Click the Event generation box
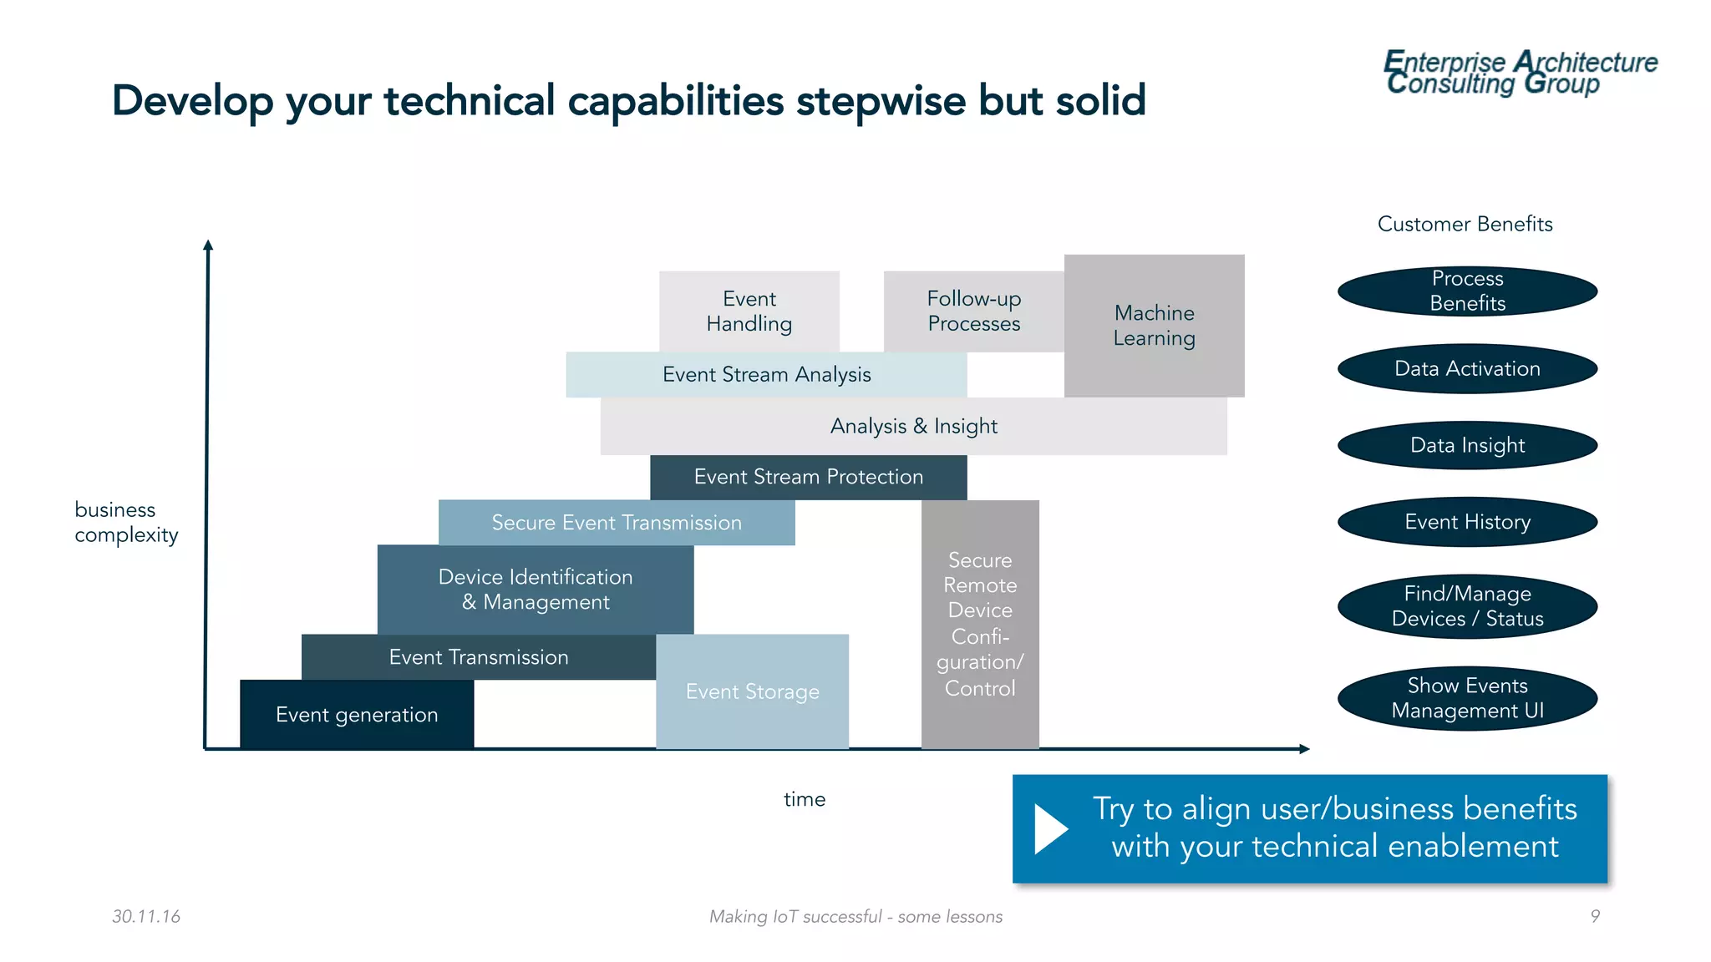click(x=357, y=715)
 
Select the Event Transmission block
click(x=478, y=657)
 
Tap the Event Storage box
click(x=752, y=691)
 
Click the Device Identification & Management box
click(x=535, y=590)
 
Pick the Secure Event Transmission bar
click(x=617, y=523)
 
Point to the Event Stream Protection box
click(x=808, y=477)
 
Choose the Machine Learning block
click(x=1154, y=326)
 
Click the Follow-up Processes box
click(x=973, y=311)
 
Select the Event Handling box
click(x=749, y=311)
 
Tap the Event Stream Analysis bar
click(x=766, y=375)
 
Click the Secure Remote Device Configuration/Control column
click(x=980, y=624)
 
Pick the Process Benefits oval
click(x=1467, y=291)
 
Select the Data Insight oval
click(x=1467, y=445)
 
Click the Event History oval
click(x=1467, y=522)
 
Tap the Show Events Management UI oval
click(x=1467, y=698)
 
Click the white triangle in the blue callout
click(x=1049, y=828)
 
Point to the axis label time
click(x=804, y=799)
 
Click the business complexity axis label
click(x=126, y=522)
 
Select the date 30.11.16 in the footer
click(x=146, y=916)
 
